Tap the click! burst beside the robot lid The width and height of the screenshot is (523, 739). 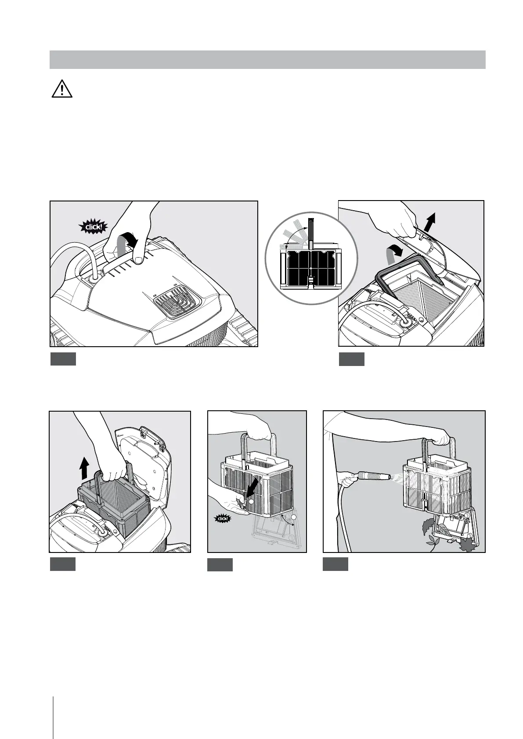[94, 227]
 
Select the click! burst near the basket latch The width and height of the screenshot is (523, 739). [223, 519]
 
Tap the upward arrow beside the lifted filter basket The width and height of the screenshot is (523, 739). [84, 467]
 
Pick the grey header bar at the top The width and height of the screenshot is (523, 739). [267, 60]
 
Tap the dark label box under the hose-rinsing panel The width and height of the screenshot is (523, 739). [335, 564]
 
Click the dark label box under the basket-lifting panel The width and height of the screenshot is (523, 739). [63, 564]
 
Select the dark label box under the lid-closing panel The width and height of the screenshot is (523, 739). [63, 359]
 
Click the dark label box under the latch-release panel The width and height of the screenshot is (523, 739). [220, 564]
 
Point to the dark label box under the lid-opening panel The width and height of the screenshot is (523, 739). [352, 359]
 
